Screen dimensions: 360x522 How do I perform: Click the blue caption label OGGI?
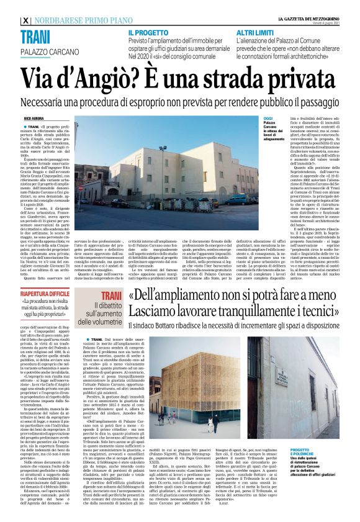tap(268, 117)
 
